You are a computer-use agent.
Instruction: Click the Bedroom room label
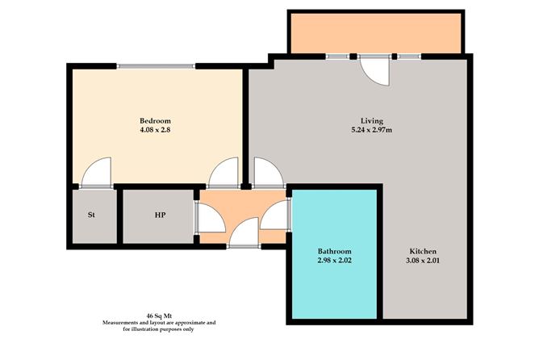tap(155, 121)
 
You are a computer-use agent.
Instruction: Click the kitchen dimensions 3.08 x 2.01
tap(424, 261)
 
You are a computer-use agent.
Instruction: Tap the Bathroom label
tap(333, 252)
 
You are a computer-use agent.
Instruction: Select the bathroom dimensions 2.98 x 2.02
tap(333, 262)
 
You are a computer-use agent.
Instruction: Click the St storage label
tap(92, 216)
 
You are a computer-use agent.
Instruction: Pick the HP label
tap(161, 216)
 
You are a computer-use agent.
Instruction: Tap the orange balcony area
tap(375, 32)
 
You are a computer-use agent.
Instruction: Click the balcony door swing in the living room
tap(375, 71)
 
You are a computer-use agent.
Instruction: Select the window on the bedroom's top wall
tap(155, 66)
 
